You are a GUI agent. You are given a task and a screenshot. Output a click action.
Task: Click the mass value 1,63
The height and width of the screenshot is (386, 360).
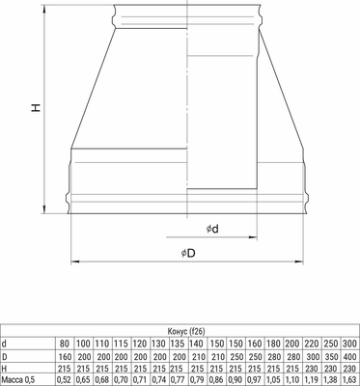pos(350,379)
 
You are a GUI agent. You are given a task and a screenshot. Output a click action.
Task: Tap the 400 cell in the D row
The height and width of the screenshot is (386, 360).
pos(350,355)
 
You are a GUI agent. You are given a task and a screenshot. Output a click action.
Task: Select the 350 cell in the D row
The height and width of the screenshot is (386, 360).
pos(329,355)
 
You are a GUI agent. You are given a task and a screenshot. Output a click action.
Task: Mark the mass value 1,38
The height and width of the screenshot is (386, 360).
pos(329,379)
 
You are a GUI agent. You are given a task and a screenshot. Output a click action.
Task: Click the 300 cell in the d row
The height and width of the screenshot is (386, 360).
pos(350,344)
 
